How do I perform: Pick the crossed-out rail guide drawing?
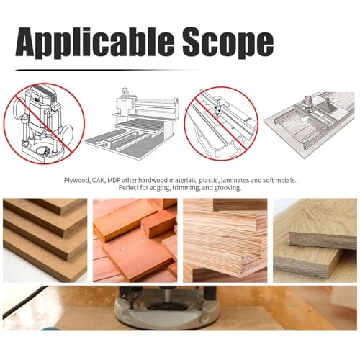[220, 122]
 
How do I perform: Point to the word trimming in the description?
[184, 188]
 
